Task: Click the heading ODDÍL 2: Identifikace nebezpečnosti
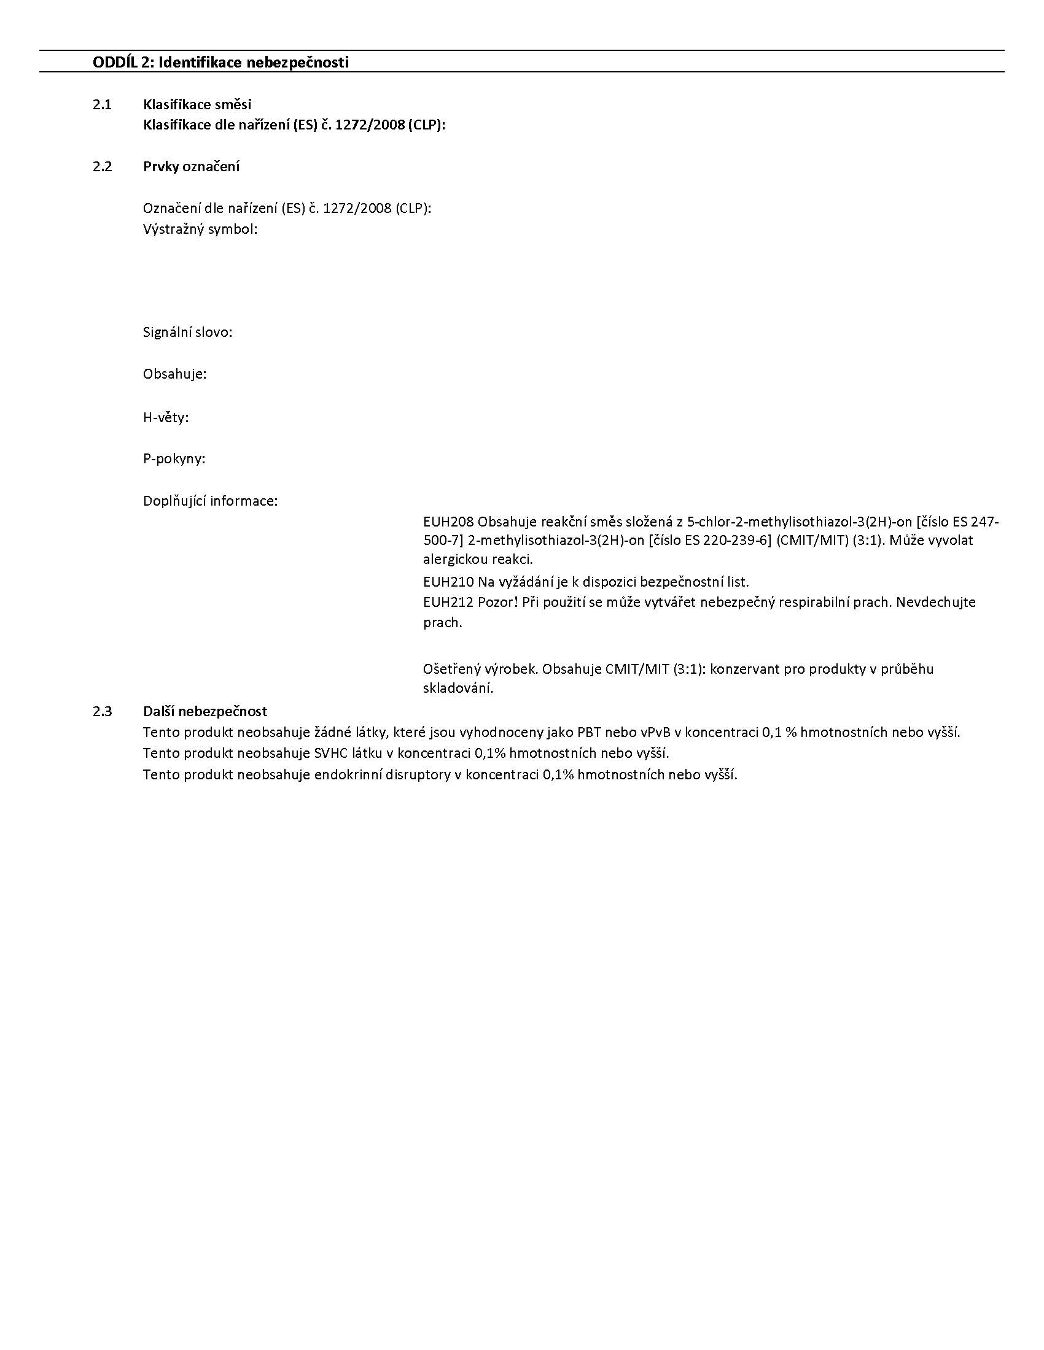pos(220,63)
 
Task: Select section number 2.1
pos(102,104)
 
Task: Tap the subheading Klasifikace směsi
pos(197,104)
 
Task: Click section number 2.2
pos(102,166)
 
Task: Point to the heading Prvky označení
pos(191,166)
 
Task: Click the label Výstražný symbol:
pos(200,229)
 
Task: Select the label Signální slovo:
pos(187,333)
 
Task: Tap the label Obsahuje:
pos(174,374)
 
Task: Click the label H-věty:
pos(166,418)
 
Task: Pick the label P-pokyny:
pos(174,458)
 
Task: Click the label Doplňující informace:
pos(210,501)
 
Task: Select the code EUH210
pos(448,582)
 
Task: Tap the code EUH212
pos(448,602)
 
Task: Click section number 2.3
pos(102,711)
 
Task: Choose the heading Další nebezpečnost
pos(205,711)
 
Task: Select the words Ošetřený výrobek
pos(480,669)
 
